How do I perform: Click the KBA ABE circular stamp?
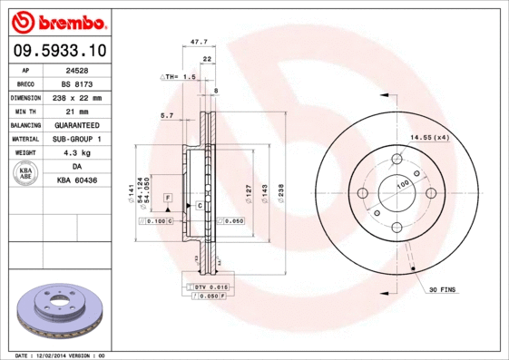coord(26,174)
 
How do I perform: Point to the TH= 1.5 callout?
coord(180,77)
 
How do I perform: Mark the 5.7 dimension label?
coord(166,115)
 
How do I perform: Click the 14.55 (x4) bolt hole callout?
coord(429,137)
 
